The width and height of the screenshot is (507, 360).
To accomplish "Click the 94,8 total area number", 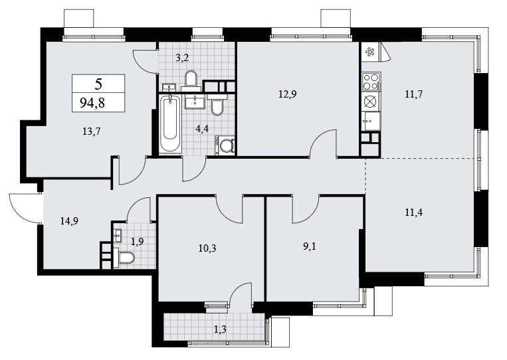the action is click(x=92, y=103).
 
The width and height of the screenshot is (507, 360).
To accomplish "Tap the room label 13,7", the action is click(x=92, y=132).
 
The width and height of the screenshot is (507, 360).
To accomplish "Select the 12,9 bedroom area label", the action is click(x=288, y=94).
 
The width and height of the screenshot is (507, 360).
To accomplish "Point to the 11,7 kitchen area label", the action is click(x=414, y=94).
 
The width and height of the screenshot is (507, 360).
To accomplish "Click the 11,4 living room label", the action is click(x=414, y=213).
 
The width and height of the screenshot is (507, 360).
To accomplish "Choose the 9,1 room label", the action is click(x=310, y=247).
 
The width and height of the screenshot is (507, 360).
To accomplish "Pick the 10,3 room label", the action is click(x=207, y=248).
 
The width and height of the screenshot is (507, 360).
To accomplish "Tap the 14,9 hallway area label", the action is click(x=70, y=221).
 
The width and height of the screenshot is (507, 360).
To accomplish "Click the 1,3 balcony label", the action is click(x=220, y=329).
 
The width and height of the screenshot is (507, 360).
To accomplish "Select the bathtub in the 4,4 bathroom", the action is click(x=169, y=123).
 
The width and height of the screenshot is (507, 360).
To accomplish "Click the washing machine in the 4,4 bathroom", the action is click(x=225, y=144).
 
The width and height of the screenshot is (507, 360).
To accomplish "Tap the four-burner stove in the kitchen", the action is click(x=371, y=81).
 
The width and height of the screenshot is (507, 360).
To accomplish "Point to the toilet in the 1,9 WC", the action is click(x=124, y=258).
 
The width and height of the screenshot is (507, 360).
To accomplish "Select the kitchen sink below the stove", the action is click(x=371, y=121).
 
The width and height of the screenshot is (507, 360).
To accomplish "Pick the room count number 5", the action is click(x=98, y=84).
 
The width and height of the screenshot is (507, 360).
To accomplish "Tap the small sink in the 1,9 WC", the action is click(x=118, y=235).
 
